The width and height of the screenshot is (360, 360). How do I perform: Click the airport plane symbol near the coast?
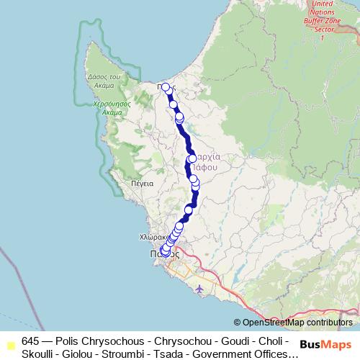pos(199,288)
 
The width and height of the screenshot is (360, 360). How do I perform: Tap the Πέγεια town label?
pos(143,184)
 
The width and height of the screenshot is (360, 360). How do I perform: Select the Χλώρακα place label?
pos(152,236)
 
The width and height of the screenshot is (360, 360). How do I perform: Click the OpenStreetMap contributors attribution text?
pos(297,323)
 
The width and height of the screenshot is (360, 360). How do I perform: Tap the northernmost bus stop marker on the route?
pos(166,87)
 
